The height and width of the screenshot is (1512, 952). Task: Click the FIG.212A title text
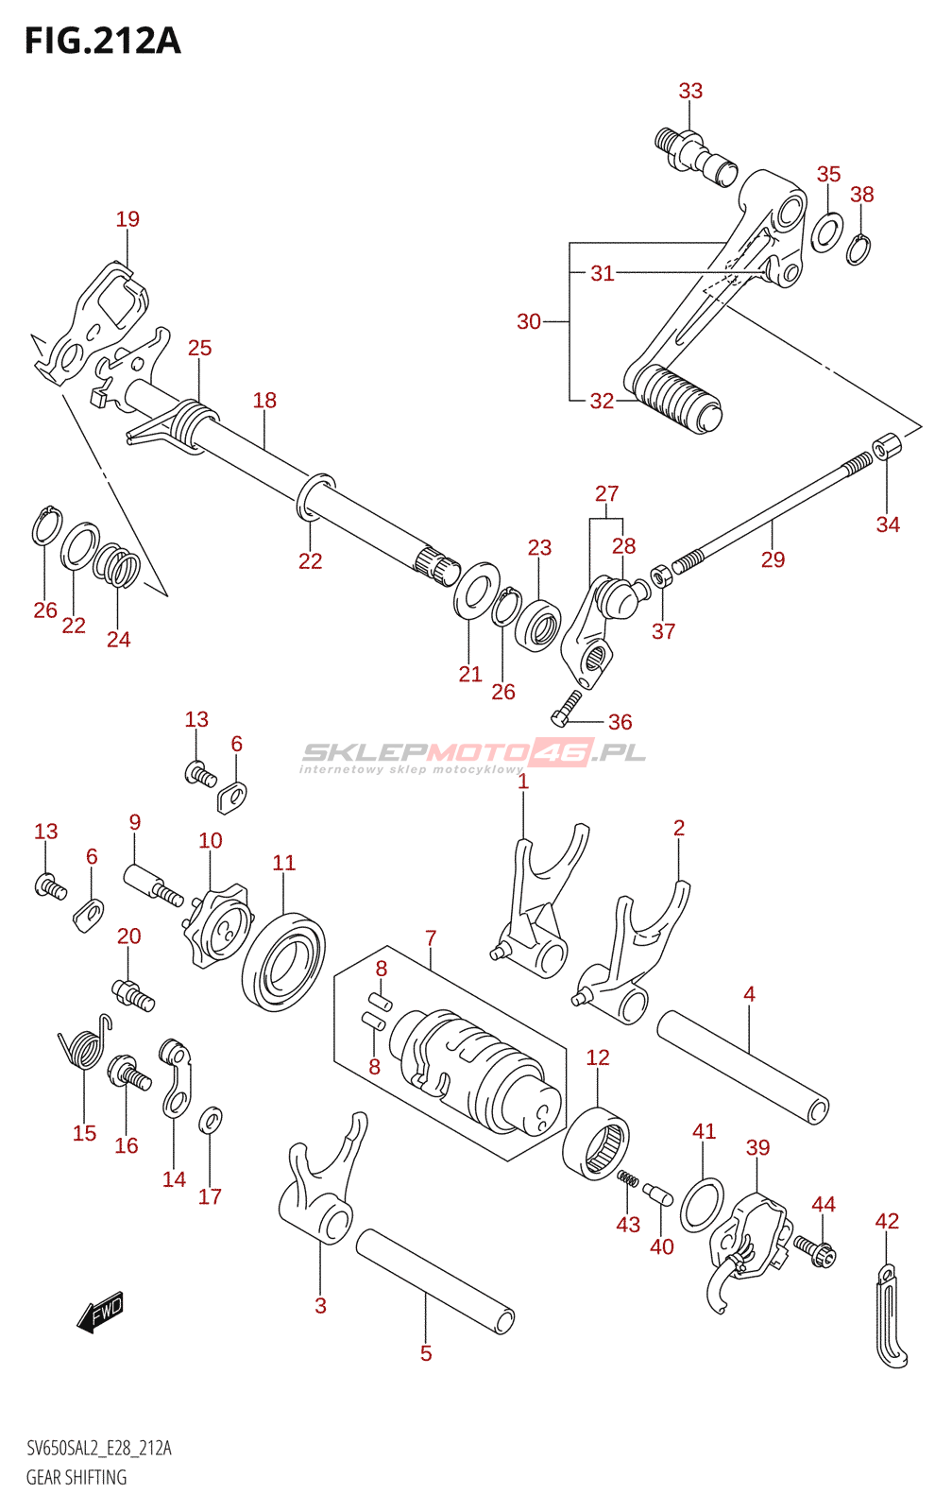(x=102, y=42)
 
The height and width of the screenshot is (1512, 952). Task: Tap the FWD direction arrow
(x=100, y=1311)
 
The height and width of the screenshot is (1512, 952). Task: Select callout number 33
(x=690, y=91)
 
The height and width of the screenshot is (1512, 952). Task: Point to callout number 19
(x=127, y=219)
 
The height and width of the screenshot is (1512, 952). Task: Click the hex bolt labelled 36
(x=567, y=708)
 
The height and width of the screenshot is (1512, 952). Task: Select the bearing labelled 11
(x=283, y=961)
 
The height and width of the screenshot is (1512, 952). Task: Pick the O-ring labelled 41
(x=702, y=1205)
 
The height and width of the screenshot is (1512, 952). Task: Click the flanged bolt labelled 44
(x=816, y=1251)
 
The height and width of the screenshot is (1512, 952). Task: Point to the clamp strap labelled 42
(x=889, y=1316)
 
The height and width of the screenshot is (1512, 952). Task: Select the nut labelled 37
(x=662, y=575)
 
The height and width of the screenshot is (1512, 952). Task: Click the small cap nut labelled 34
(x=886, y=445)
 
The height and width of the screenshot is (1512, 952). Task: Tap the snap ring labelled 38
(x=858, y=249)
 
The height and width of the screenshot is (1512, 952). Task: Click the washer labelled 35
(x=827, y=232)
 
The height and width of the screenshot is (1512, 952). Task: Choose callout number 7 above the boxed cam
(x=431, y=938)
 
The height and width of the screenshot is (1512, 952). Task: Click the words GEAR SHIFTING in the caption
(x=76, y=1477)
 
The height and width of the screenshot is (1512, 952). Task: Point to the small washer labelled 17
(x=211, y=1121)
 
